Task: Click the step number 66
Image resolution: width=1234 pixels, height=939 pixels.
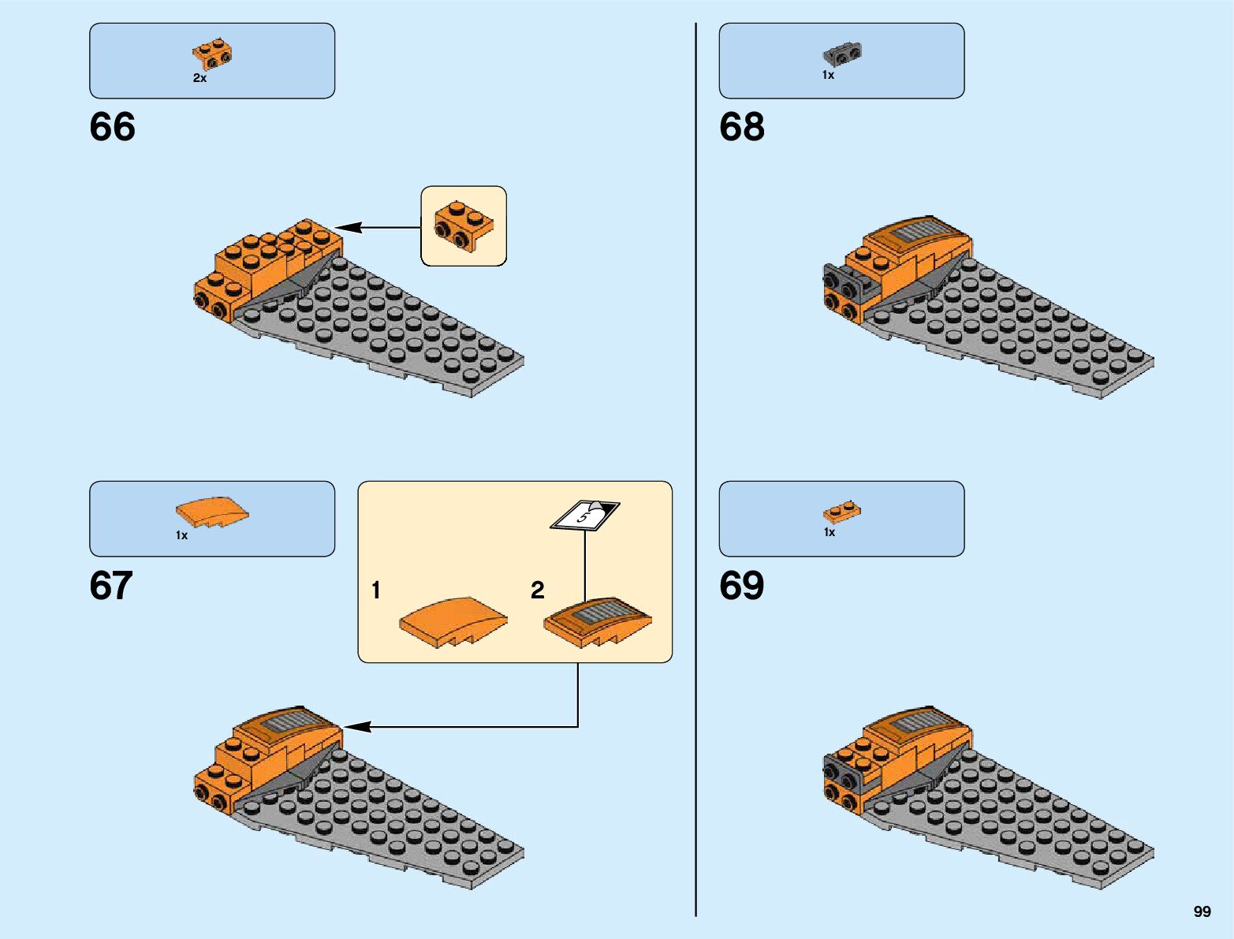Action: click(x=112, y=127)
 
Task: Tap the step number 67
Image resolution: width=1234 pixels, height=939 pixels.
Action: click(x=111, y=586)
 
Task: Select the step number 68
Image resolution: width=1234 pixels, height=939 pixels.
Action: click(x=741, y=127)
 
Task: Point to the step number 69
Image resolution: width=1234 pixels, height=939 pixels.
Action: click(x=741, y=586)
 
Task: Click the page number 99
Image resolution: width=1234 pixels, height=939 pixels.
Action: click(x=1202, y=911)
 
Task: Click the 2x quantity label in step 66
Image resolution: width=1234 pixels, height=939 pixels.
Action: click(x=199, y=78)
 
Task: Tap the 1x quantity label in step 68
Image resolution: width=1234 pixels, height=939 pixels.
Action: click(x=828, y=75)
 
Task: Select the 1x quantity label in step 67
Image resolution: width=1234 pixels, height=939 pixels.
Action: click(x=181, y=535)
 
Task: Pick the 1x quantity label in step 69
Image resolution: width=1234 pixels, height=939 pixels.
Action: click(x=829, y=532)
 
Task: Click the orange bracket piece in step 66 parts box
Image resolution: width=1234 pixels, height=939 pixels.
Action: click(x=212, y=52)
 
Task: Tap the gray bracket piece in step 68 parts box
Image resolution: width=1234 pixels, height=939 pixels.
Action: click(x=842, y=53)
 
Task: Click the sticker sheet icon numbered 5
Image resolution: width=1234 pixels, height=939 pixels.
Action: click(x=584, y=516)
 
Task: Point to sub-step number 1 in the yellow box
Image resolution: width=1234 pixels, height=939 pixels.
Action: click(x=376, y=590)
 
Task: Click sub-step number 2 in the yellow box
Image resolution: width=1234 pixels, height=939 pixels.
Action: click(x=537, y=590)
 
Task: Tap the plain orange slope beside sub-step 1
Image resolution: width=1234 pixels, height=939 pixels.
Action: click(x=453, y=622)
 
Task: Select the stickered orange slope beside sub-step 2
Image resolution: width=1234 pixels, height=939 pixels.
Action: click(x=598, y=620)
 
